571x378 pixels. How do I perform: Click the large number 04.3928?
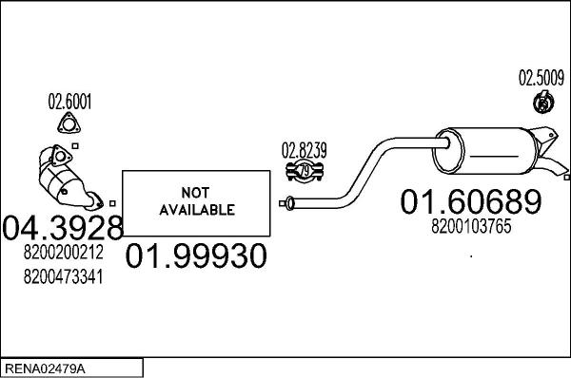[63, 228]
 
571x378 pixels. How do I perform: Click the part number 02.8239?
[304, 149]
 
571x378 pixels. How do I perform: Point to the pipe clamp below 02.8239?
[305, 171]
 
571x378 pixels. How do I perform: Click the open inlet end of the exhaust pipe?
[285, 201]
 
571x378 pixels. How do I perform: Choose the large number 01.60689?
[470, 202]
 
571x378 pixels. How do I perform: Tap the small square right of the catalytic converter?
[112, 201]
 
